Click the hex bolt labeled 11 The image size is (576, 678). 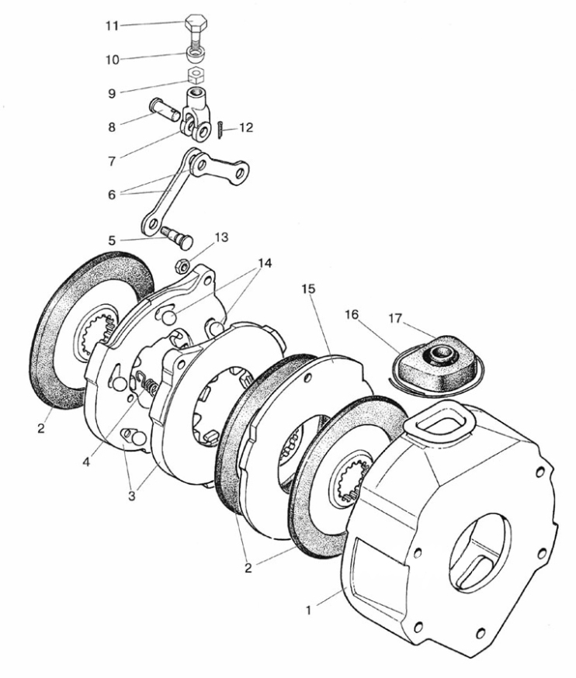(195, 28)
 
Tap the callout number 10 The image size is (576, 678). (113, 59)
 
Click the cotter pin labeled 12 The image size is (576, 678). (220, 129)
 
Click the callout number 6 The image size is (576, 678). (113, 194)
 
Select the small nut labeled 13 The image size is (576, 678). (183, 265)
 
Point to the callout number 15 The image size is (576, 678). (308, 289)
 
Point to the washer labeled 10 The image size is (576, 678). (195, 57)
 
